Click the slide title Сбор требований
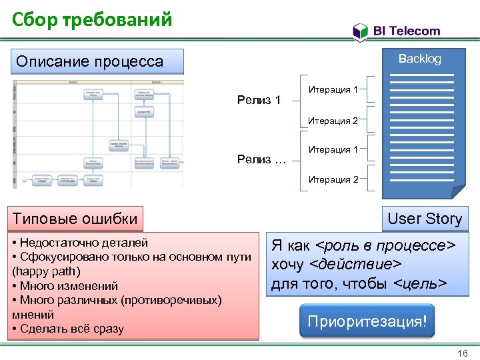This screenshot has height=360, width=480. click(x=92, y=19)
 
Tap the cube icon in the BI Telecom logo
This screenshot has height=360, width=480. click(x=360, y=31)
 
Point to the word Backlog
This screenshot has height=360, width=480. click(x=419, y=59)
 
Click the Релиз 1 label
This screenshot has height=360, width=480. click(x=259, y=101)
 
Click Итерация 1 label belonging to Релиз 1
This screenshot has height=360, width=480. click(x=333, y=89)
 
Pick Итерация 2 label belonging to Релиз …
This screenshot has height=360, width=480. click(x=333, y=179)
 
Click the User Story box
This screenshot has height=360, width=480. click(x=424, y=219)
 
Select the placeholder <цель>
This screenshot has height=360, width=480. click(x=420, y=284)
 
